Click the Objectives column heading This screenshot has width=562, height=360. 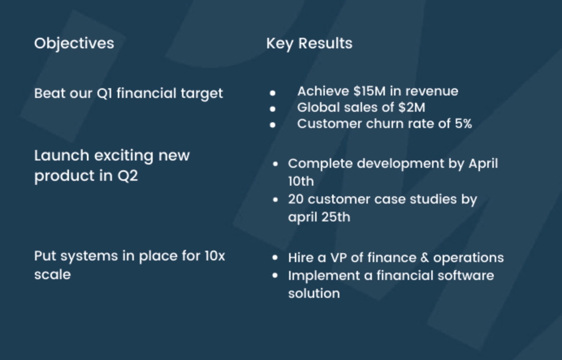click(74, 43)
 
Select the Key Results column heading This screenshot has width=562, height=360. click(309, 43)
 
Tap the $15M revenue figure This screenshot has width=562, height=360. click(369, 91)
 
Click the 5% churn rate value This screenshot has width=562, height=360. click(463, 124)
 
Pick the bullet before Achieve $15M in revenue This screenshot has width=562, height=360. click(272, 93)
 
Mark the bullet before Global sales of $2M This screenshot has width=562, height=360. click(272, 109)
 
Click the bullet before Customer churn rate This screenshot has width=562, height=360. click(272, 125)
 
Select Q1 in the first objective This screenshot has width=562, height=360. click(104, 93)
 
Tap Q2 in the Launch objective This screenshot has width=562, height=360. click(128, 176)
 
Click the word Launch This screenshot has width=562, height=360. click(61, 156)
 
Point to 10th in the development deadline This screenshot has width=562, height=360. click(301, 181)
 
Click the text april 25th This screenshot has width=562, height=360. click(319, 217)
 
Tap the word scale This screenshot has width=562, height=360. click(52, 275)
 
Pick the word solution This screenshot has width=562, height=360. click(314, 293)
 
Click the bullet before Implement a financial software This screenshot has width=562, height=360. click(275, 275)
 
